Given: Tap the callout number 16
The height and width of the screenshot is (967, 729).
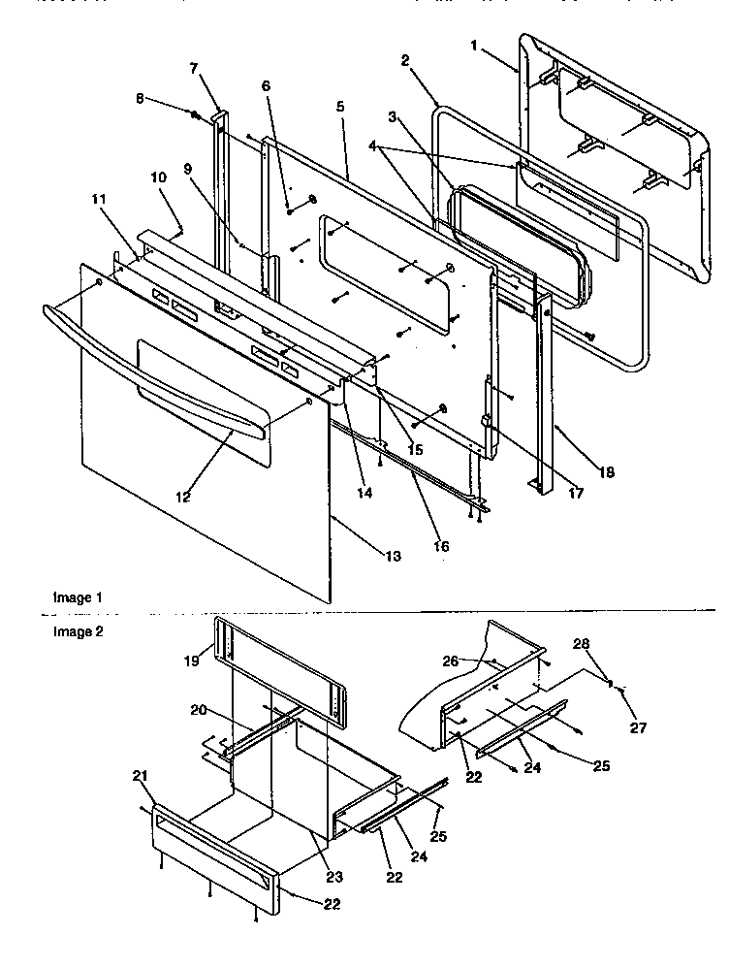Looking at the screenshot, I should (441, 546).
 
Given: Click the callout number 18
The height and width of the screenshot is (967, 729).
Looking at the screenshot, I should (608, 473).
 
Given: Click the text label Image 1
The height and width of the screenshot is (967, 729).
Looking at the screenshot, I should (76, 598).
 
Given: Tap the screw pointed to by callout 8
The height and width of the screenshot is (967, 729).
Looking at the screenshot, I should (195, 115).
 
